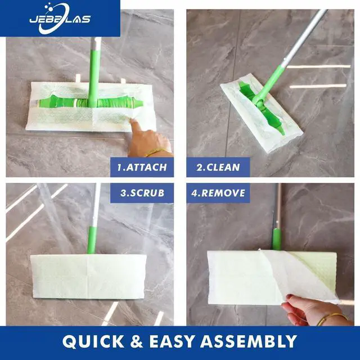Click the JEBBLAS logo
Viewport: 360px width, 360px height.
[x=60, y=19]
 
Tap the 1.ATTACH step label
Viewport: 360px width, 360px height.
[x=142, y=167]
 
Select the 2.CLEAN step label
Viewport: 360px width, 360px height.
[x=218, y=167]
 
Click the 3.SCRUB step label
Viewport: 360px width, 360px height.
[x=142, y=192]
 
